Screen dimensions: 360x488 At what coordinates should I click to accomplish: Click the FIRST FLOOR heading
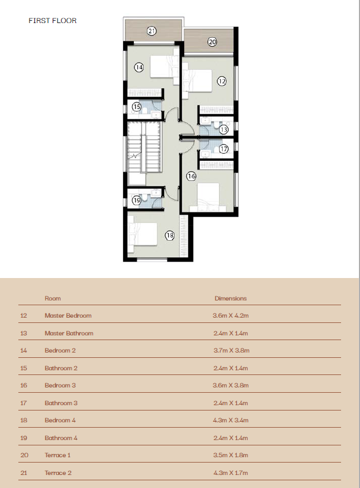pyautogui.click(x=53, y=21)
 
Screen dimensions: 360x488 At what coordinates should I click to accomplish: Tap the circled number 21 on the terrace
pyautogui.click(x=152, y=31)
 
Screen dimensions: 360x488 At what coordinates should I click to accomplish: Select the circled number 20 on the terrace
pyautogui.click(x=212, y=42)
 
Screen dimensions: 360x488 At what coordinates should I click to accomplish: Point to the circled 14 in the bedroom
pyautogui.click(x=139, y=67)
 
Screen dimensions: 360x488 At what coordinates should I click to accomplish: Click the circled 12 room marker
pyautogui.click(x=221, y=81)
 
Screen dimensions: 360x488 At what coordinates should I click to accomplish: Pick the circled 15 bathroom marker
pyautogui.click(x=136, y=106)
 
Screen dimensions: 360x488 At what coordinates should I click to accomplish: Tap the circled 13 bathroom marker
pyautogui.click(x=224, y=130)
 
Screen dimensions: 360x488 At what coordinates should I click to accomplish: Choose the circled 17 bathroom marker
pyautogui.click(x=224, y=149)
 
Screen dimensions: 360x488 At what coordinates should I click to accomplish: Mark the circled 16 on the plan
pyautogui.click(x=191, y=176)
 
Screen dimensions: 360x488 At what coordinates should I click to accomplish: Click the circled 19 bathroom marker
pyautogui.click(x=136, y=200)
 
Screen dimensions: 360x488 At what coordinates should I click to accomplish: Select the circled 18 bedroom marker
pyautogui.click(x=170, y=235)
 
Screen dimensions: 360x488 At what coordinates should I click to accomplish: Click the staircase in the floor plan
pyautogui.click(x=144, y=147)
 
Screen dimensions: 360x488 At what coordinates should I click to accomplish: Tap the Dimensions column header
pyautogui.click(x=230, y=298)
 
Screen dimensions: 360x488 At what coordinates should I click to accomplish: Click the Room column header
pyautogui.click(x=53, y=298)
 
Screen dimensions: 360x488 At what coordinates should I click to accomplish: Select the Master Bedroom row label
pyautogui.click(x=68, y=316)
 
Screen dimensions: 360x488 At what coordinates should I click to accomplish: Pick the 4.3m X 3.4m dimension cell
pyautogui.click(x=231, y=420)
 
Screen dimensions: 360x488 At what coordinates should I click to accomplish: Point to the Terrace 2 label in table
pyautogui.click(x=58, y=473)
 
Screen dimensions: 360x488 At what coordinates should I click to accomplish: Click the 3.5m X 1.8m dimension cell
pyautogui.click(x=231, y=455)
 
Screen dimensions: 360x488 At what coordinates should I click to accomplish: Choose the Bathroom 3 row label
pyautogui.click(x=61, y=403)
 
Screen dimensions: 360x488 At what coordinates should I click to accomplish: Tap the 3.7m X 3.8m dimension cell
pyautogui.click(x=232, y=350)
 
